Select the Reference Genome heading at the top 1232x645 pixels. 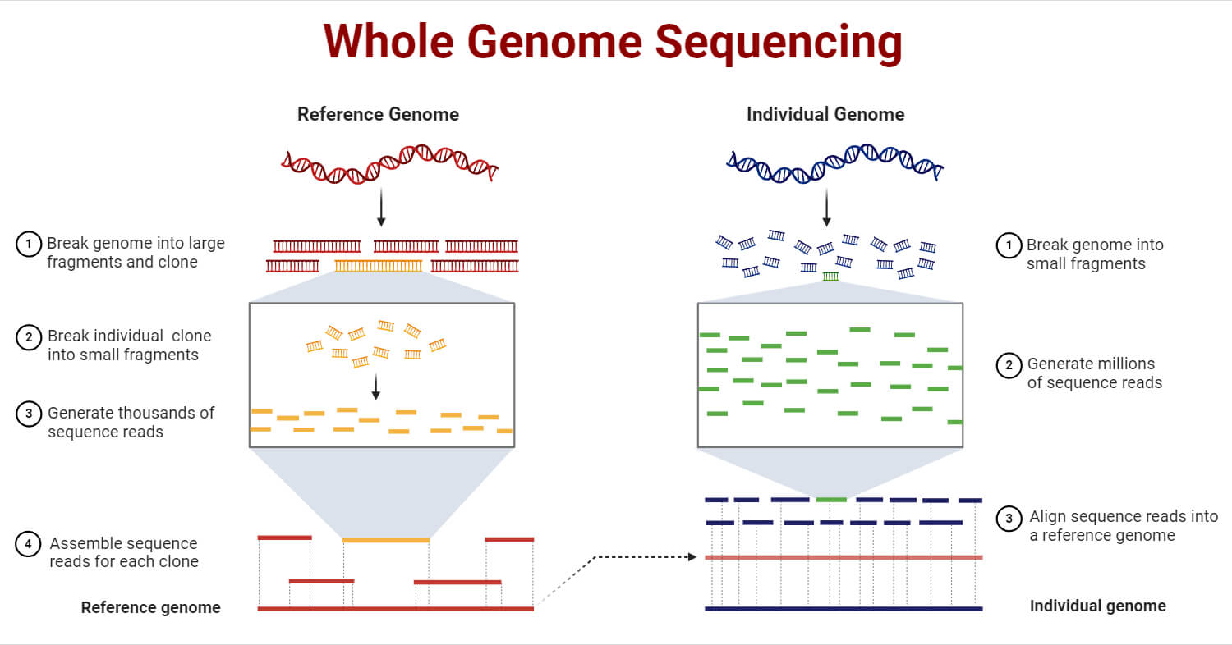378,114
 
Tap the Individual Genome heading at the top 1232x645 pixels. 825,114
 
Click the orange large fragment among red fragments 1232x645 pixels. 379,265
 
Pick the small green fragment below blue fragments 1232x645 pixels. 830,277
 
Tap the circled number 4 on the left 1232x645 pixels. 28,544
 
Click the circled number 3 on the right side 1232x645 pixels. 1009,519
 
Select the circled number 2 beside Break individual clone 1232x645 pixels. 28,336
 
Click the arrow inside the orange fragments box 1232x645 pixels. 375,387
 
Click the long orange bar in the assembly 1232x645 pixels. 385,540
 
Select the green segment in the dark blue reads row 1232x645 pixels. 831,499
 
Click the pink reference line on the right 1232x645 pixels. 844,558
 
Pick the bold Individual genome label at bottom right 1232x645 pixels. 1097,606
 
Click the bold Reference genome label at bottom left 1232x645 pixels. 151,608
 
